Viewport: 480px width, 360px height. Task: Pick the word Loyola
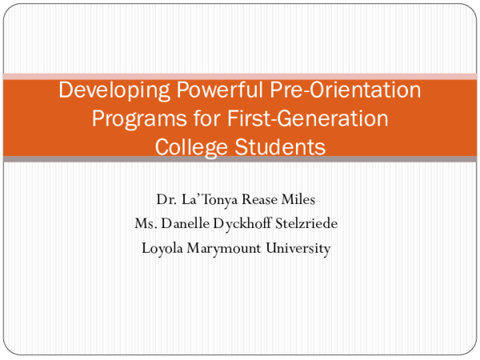point(162,248)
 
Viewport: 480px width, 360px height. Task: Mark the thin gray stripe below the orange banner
point(240,159)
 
